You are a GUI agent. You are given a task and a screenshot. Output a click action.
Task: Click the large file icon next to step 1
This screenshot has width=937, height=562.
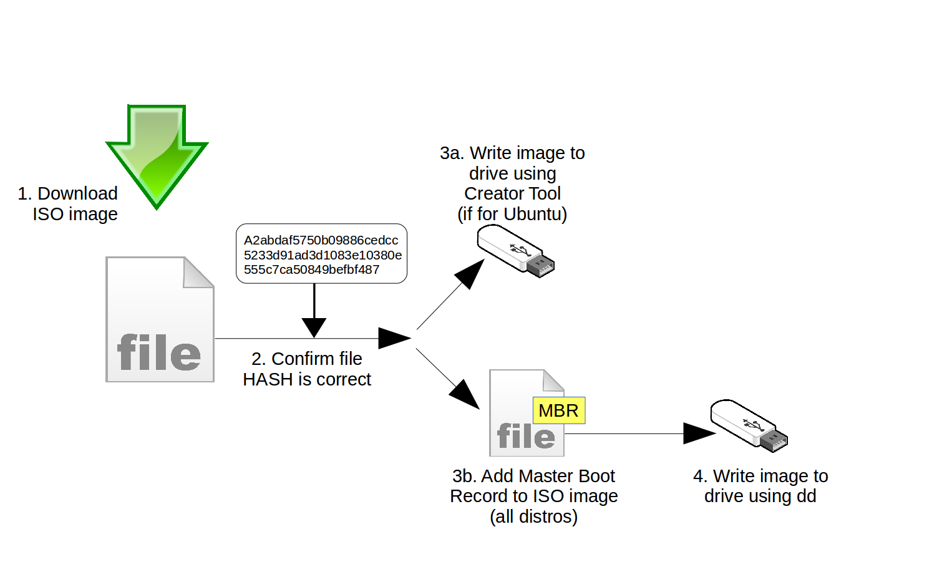click(x=160, y=319)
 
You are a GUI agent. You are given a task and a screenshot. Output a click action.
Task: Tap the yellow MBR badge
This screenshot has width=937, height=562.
click(x=558, y=410)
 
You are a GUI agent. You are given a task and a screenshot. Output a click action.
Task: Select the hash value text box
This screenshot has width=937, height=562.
click(x=321, y=254)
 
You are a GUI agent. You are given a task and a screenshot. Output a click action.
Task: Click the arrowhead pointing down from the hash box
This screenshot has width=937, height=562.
click(x=314, y=327)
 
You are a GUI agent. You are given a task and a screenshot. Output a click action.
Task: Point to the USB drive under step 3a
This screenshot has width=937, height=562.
click(x=515, y=251)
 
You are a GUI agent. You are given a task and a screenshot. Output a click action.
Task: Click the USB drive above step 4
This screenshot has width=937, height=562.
click(x=749, y=425)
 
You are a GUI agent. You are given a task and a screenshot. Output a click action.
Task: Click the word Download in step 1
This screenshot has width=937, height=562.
click(x=77, y=193)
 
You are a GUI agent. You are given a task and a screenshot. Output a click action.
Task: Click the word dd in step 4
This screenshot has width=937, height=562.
click(x=806, y=496)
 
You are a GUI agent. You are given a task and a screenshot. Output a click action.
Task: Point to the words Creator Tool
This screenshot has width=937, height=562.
click(x=512, y=193)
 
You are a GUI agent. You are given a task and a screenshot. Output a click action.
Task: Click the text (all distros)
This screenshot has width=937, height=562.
click(x=533, y=516)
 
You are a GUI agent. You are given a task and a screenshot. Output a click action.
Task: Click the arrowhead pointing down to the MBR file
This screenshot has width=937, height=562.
click(x=465, y=394)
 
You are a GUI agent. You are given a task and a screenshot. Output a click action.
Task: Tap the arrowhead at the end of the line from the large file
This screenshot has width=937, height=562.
click(x=394, y=338)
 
